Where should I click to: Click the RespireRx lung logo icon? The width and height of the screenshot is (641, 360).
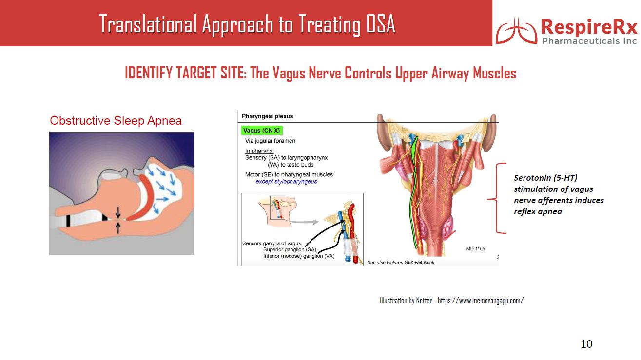[516, 31]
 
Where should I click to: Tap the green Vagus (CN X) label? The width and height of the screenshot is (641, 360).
[262, 131]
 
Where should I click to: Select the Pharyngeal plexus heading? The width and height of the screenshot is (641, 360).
[267, 116]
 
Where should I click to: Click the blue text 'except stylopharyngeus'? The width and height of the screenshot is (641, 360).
[286, 182]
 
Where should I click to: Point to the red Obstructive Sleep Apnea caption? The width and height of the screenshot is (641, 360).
[116, 121]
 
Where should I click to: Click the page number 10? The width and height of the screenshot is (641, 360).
[586, 344]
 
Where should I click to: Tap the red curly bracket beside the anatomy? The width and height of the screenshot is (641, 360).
[497, 198]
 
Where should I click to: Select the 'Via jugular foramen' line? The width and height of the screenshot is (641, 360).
[270, 141]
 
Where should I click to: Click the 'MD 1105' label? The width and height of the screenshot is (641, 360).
[476, 249]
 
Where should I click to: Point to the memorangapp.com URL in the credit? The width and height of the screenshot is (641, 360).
[481, 300]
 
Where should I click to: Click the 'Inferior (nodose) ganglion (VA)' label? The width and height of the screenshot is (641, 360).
[299, 256]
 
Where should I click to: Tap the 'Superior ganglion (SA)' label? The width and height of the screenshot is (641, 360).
[290, 249]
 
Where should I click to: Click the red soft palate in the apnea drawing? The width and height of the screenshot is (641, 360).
[144, 200]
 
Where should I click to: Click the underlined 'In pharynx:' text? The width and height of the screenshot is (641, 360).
[259, 151]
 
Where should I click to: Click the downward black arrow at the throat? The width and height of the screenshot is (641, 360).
[118, 212]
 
